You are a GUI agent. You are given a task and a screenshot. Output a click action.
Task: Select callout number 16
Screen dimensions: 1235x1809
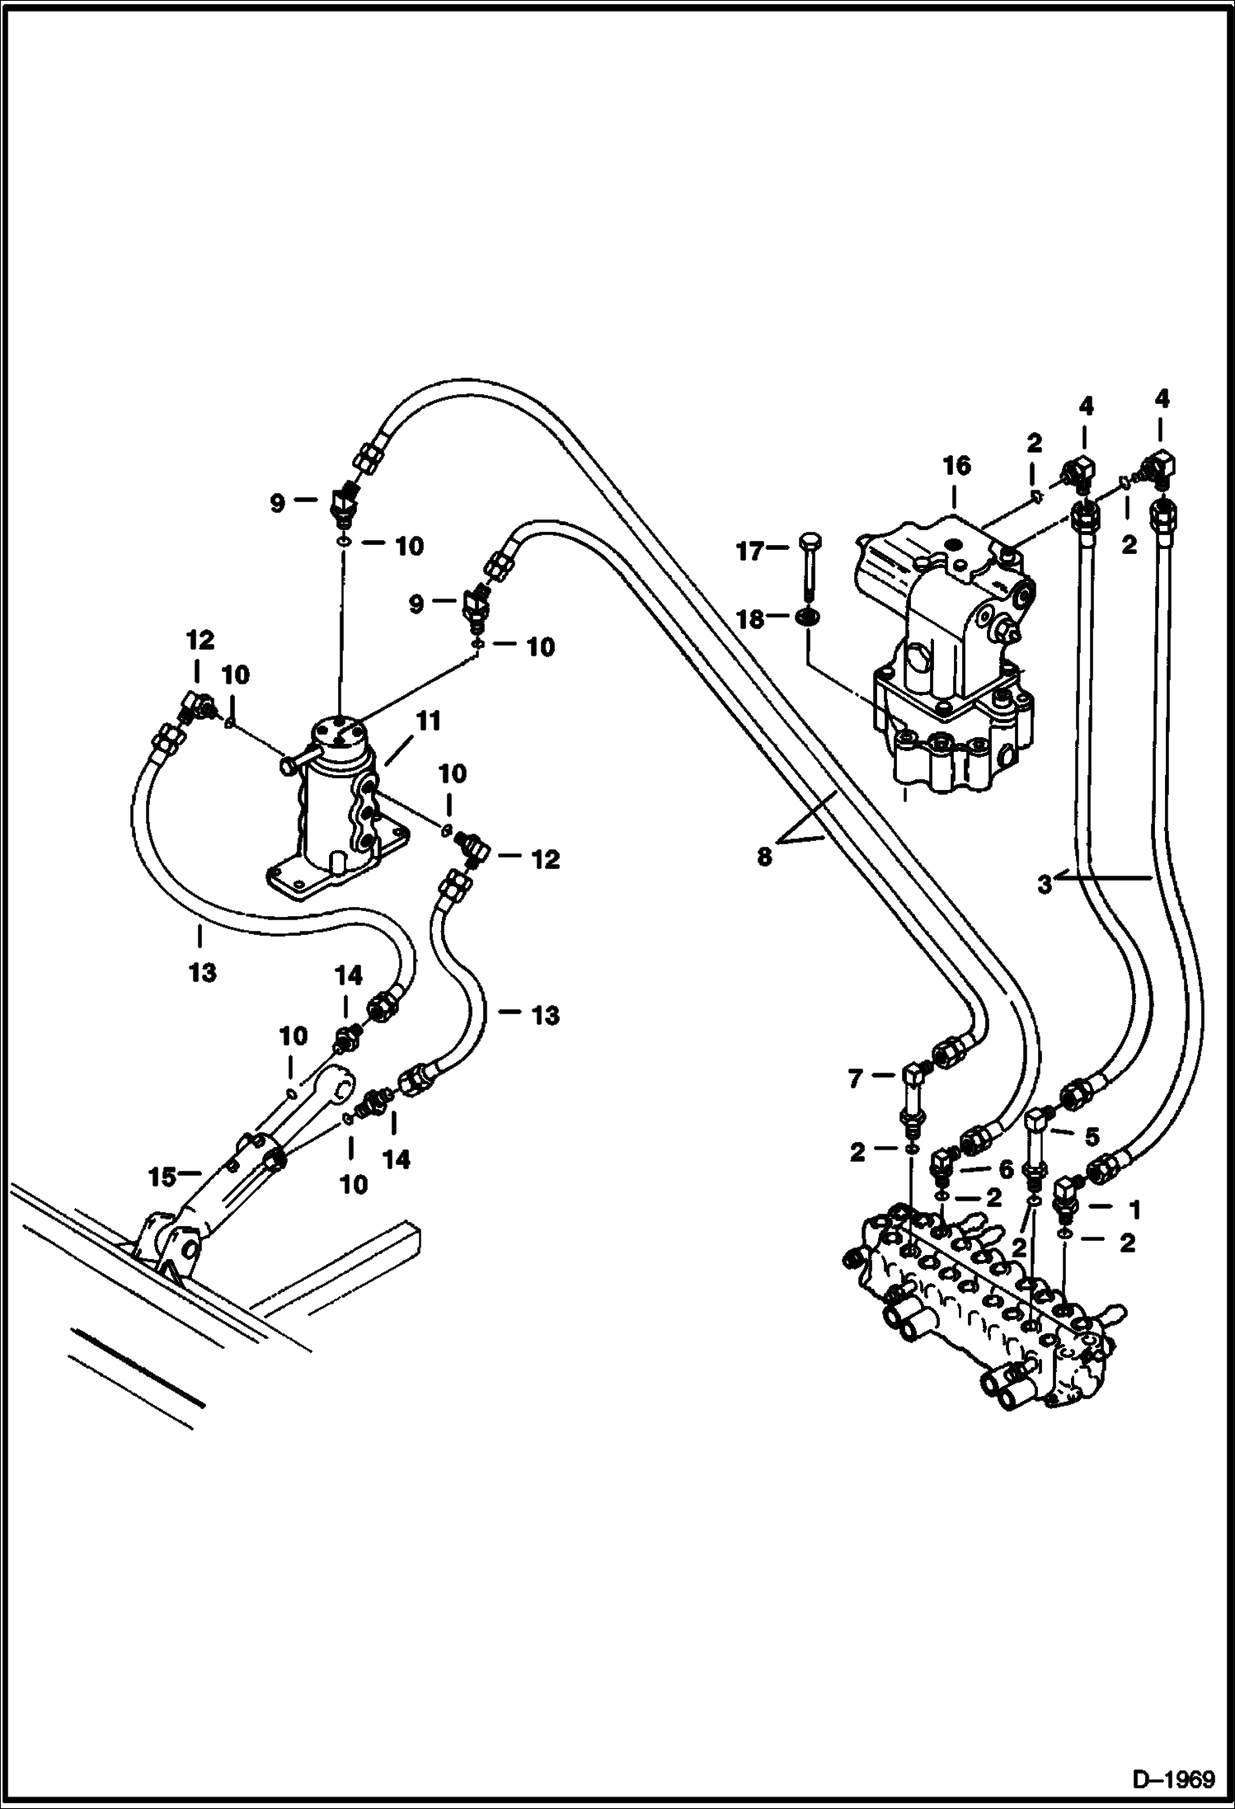coord(956,466)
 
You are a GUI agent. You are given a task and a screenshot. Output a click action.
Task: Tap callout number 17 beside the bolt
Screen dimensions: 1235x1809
coord(750,550)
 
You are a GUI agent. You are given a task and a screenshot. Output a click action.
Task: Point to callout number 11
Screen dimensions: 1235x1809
coord(428,721)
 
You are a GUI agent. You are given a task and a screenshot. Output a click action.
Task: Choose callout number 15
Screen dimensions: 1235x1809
coord(162,1177)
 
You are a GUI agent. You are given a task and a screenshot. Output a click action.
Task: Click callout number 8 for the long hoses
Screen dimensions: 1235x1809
coord(765,857)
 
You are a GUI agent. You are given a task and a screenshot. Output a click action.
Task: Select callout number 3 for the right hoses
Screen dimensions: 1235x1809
coord(1045,886)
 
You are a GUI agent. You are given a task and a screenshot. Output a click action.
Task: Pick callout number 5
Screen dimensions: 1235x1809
coord(1092,1137)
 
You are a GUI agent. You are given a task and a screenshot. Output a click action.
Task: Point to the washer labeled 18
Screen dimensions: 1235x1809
coord(807,618)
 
